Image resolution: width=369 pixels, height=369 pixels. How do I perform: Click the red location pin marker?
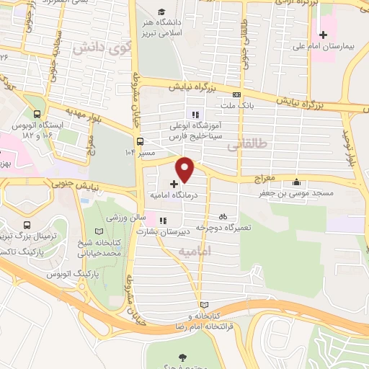pos(186,169)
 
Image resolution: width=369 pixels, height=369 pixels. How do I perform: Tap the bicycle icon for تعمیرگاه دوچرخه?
pos(223,215)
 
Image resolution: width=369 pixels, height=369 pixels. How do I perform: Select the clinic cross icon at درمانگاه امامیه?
pos(172,184)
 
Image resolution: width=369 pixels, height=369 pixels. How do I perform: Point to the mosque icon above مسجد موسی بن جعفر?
pos(297,182)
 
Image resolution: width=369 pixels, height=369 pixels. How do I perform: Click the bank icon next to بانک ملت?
pos(236,94)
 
